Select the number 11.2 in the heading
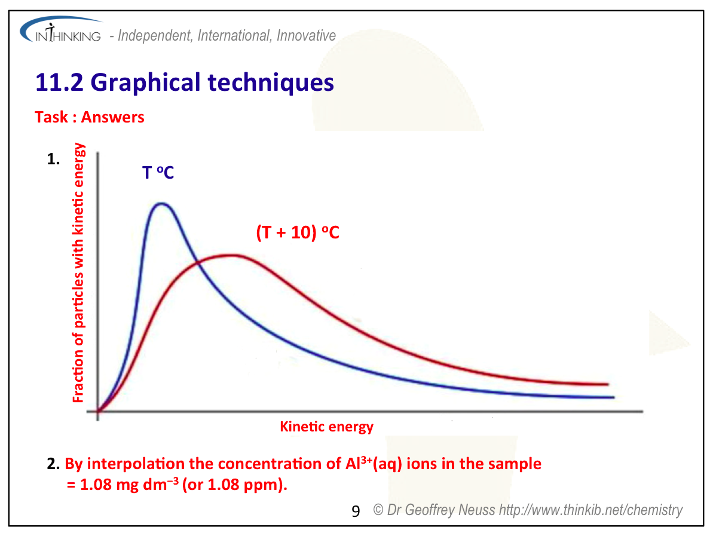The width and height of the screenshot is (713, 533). [59, 82]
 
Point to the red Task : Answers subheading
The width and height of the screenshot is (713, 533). [90, 117]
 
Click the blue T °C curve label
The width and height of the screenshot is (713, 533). [158, 173]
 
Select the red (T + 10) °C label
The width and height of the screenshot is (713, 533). [298, 232]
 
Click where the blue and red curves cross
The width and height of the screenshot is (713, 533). [198, 262]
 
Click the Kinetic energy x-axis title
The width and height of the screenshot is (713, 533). [326, 427]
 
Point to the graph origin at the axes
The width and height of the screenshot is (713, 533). [97, 411]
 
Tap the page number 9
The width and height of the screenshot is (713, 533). [356, 511]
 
